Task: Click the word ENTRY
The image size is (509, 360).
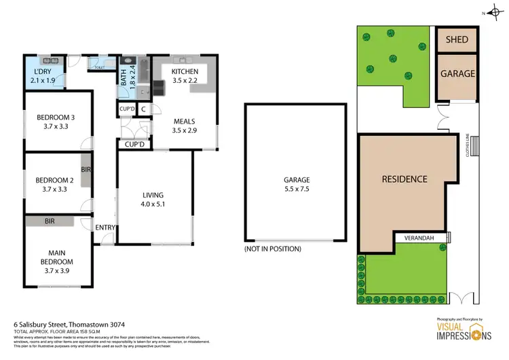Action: pos(105,228)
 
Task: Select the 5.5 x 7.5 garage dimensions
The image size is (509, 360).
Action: pos(297,190)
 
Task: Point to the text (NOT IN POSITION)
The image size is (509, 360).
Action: pos(273,249)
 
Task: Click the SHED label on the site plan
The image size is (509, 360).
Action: pos(457,39)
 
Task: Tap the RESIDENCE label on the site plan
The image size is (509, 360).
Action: pos(404,179)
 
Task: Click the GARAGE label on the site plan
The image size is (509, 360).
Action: pos(457,74)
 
